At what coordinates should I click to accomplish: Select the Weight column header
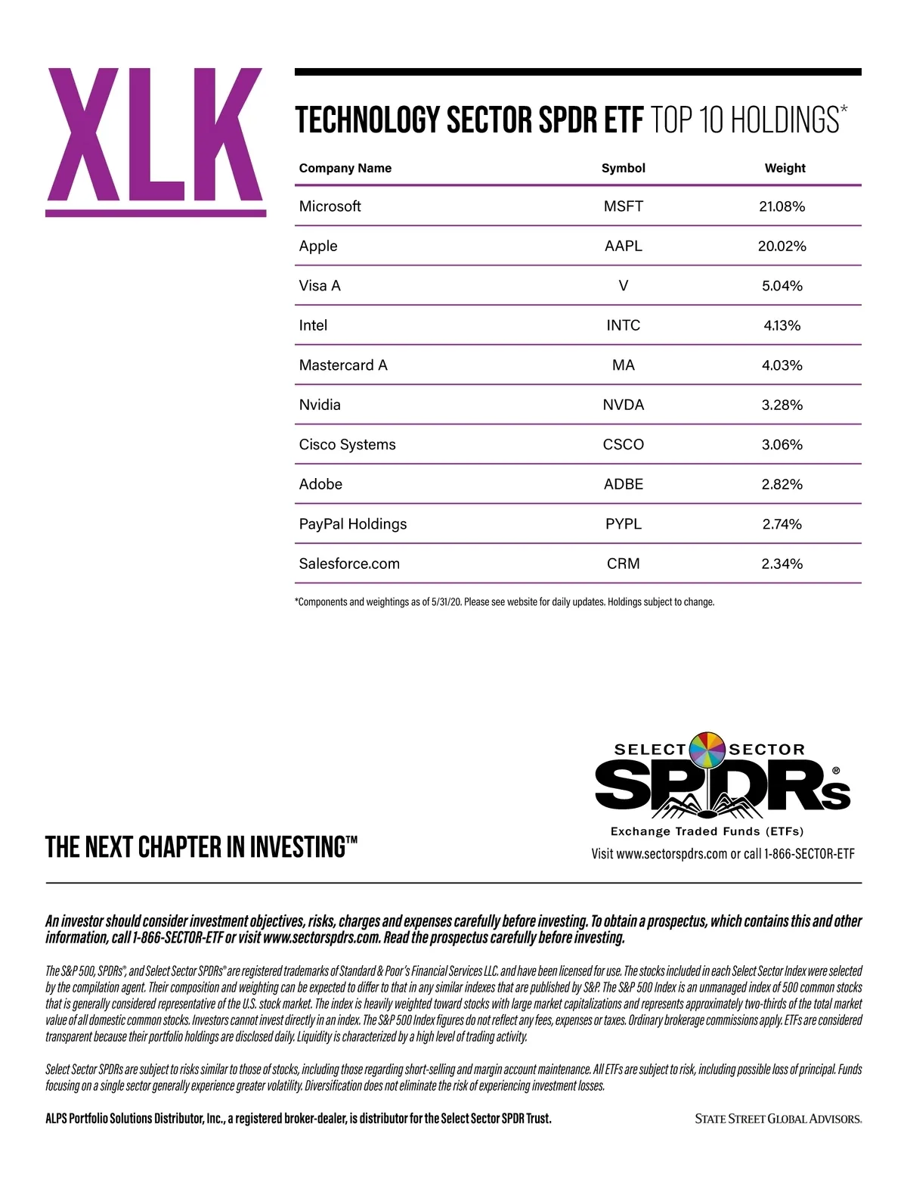[785, 168]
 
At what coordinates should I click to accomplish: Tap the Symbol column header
[623, 168]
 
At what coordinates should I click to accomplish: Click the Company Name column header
[345, 168]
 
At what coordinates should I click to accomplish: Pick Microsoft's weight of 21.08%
[782, 206]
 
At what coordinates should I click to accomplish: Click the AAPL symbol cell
[623, 246]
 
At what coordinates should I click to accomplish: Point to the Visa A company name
[320, 286]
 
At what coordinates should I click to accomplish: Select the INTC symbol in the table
[623, 325]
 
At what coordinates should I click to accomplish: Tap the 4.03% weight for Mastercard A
[782, 365]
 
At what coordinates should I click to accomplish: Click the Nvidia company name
[320, 405]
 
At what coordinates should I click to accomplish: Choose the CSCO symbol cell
[623, 445]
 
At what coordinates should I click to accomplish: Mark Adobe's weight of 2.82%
[782, 484]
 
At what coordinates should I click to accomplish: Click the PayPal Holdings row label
[353, 524]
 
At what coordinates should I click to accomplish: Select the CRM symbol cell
[623, 564]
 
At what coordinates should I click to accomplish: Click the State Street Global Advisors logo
[779, 1119]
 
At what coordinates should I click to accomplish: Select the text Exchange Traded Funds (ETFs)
[707, 831]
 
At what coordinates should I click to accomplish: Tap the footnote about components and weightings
[504, 602]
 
